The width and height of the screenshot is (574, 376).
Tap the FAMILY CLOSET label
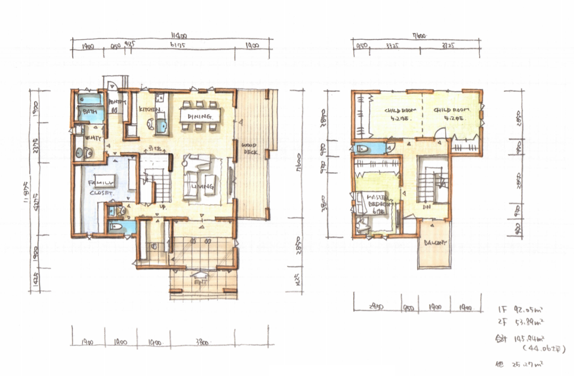tap(102, 187)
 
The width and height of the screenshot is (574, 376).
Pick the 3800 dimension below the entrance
tap(202, 343)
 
